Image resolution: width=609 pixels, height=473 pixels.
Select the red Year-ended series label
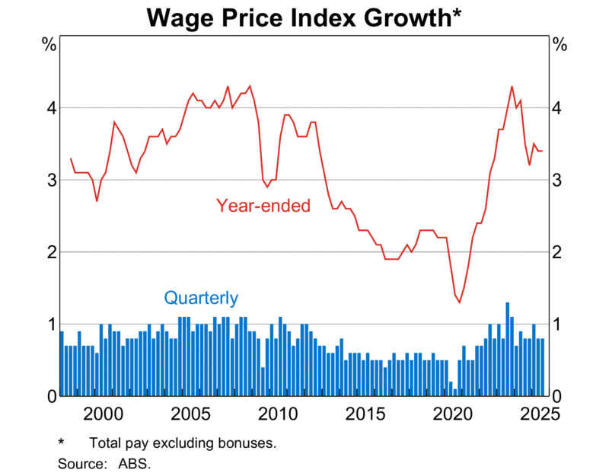click(263, 205)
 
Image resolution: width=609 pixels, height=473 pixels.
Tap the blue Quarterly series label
click(201, 298)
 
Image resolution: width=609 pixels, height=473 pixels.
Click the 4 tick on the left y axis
click(49, 108)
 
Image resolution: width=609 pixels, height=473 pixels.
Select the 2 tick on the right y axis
click(560, 252)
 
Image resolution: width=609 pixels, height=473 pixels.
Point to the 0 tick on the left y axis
click(49, 396)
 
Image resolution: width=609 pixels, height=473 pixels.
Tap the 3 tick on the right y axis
click(560, 181)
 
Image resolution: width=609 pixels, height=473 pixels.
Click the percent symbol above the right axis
click(560, 44)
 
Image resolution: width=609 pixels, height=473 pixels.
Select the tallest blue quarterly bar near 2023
click(508, 349)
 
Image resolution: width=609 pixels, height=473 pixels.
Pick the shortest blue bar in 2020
click(455, 392)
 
